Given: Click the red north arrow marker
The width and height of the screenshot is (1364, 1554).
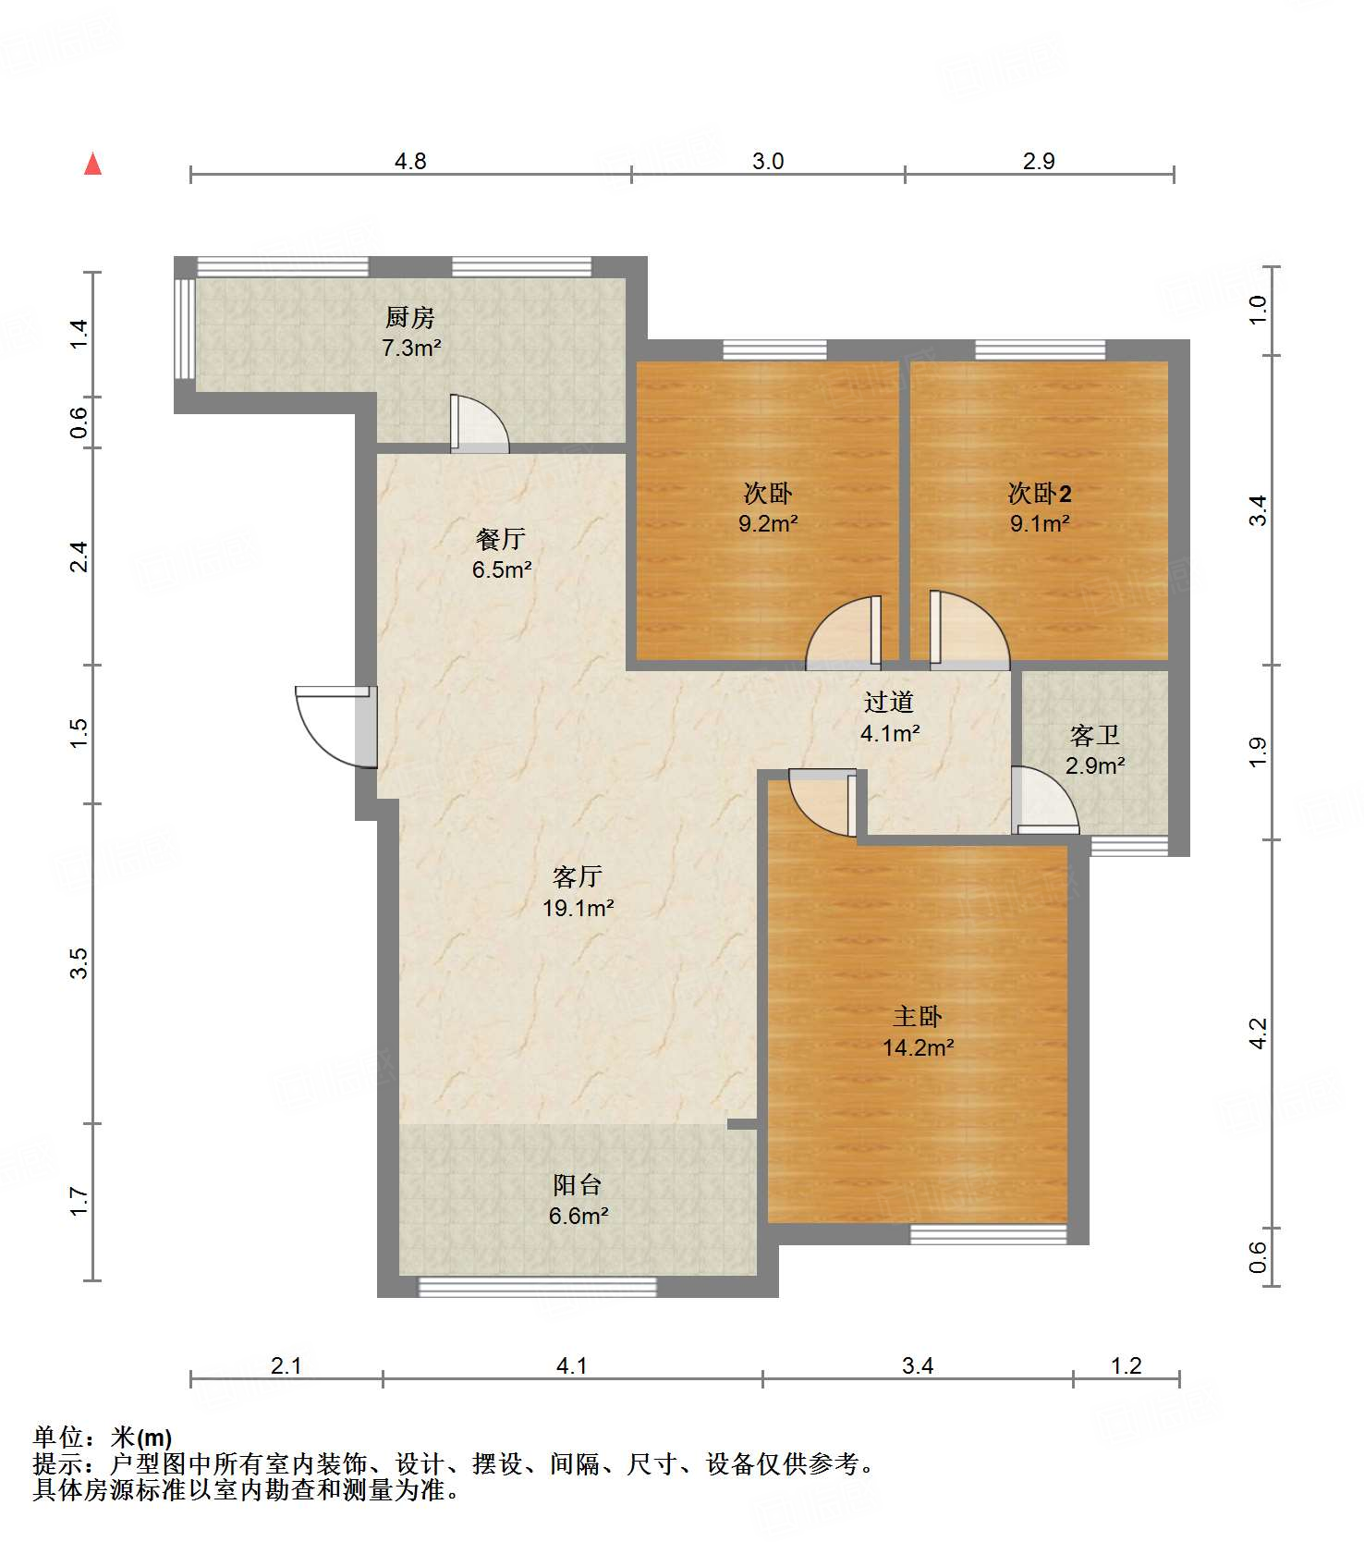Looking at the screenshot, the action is [92, 164].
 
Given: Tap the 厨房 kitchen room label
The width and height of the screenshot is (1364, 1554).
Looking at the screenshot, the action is [410, 318].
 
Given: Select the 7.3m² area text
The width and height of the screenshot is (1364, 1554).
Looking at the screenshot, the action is [411, 349].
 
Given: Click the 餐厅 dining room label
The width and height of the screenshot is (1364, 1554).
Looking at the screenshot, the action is [501, 539].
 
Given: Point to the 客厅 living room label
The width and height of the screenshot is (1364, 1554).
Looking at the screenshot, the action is [578, 876].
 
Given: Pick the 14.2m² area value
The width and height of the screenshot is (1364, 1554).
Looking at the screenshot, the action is [918, 1047].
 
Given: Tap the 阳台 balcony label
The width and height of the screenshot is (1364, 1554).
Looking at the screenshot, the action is [578, 1185].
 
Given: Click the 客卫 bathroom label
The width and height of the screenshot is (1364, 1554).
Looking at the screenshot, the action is [1095, 736].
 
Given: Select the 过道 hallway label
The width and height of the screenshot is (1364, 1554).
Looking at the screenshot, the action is [889, 703].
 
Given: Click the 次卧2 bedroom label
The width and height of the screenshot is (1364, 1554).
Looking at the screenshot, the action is [1040, 494].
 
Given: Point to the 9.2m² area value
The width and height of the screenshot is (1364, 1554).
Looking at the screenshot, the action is [768, 523].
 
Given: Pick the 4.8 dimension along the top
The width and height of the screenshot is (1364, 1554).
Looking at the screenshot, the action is [410, 162].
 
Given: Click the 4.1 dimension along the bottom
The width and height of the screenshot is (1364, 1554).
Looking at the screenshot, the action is [572, 1365].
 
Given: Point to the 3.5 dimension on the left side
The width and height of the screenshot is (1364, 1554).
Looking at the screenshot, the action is [79, 963].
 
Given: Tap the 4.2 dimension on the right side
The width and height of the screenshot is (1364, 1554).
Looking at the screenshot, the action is [1258, 1034].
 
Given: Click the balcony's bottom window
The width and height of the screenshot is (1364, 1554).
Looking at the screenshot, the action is [538, 1287].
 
